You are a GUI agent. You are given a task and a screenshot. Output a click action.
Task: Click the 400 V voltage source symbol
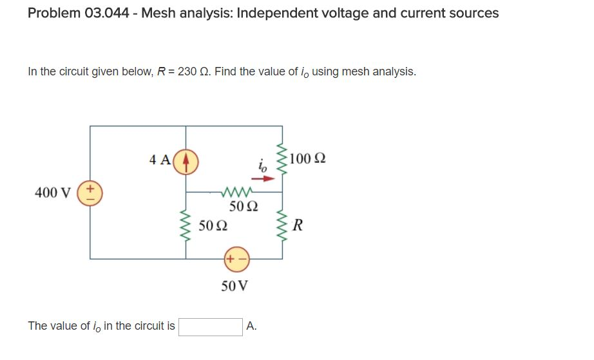pyautogui.click(x=90, y=192)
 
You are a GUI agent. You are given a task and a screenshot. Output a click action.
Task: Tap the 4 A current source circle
pyautogui.click(x=186, y=160)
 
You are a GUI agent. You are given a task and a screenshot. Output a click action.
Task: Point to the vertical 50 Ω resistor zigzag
pyautogui.click(x=186, y=226)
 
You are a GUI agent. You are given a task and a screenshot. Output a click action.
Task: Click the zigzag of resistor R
pyautogui.click(x=282, y=225)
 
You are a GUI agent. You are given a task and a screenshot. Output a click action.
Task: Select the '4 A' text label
pyautogui.click(x=159, y=160)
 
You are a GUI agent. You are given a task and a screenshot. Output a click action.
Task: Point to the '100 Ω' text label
pyautogui.click(x=308, y=158)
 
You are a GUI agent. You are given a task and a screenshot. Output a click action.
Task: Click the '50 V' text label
pyautogui.click(x=234, y=287)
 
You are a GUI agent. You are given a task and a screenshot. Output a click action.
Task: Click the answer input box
pyautogui.click(x=211, y=327)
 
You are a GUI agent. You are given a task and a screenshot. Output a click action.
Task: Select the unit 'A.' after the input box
pyautogui.click(x=252, y=327)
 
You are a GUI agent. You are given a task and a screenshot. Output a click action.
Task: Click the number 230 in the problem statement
pyautogui.click(x=187, y=71)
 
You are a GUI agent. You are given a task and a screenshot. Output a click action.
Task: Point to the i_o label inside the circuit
pyautogui.click(x=260, y=166)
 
